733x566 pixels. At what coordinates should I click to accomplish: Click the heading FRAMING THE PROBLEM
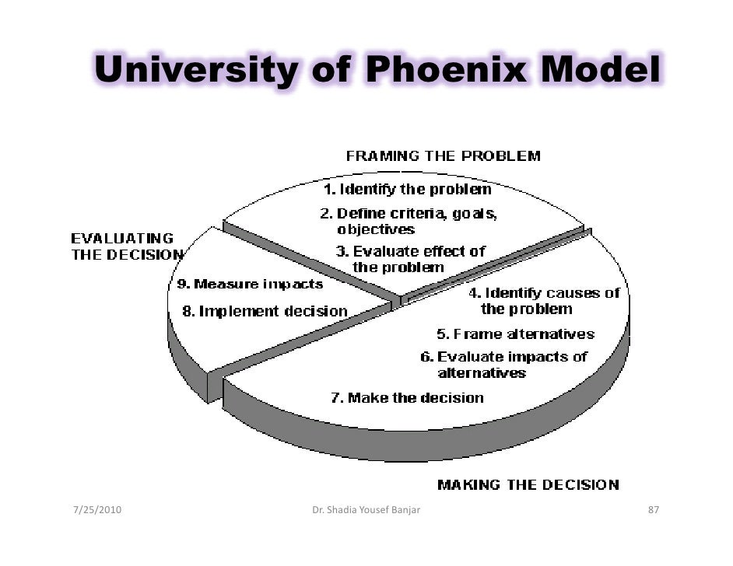pos(443,155)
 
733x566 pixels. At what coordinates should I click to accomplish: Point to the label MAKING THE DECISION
pos(528,485)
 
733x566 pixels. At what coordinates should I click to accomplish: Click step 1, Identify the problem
pos(407,189)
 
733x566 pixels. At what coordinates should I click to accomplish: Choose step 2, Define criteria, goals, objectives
pos(409,221)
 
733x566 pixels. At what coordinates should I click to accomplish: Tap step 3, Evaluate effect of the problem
pos(410,259)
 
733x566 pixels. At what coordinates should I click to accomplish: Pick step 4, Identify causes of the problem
pos(544,301)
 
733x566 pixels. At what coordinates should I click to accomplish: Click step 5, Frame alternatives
pos(515,334)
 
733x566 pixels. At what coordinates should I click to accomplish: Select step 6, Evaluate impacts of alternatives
pos(504,365)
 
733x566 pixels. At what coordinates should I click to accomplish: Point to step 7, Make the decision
pos(407,398)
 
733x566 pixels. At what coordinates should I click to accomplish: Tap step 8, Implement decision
pos(265,311)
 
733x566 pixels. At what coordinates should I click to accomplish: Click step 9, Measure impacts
pos(247,285)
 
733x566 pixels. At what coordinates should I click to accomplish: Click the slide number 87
pos(654,510)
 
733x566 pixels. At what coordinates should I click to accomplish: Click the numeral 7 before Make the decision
pos(335,398)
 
